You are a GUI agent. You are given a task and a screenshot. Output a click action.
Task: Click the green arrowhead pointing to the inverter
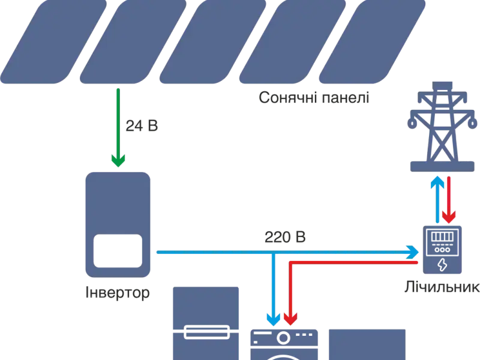pos(118,160)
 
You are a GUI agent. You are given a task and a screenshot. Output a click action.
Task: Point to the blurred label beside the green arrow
pos(142,126)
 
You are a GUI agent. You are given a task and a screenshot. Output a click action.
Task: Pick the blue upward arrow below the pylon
pos(439,198)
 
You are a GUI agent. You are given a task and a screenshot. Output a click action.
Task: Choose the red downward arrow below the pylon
pos(449,198)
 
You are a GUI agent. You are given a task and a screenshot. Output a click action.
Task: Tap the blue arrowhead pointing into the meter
pos(413,251)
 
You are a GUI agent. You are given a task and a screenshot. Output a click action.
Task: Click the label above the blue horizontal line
pos(285,238)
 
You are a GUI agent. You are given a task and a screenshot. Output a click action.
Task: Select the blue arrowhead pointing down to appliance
pos(274,319)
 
